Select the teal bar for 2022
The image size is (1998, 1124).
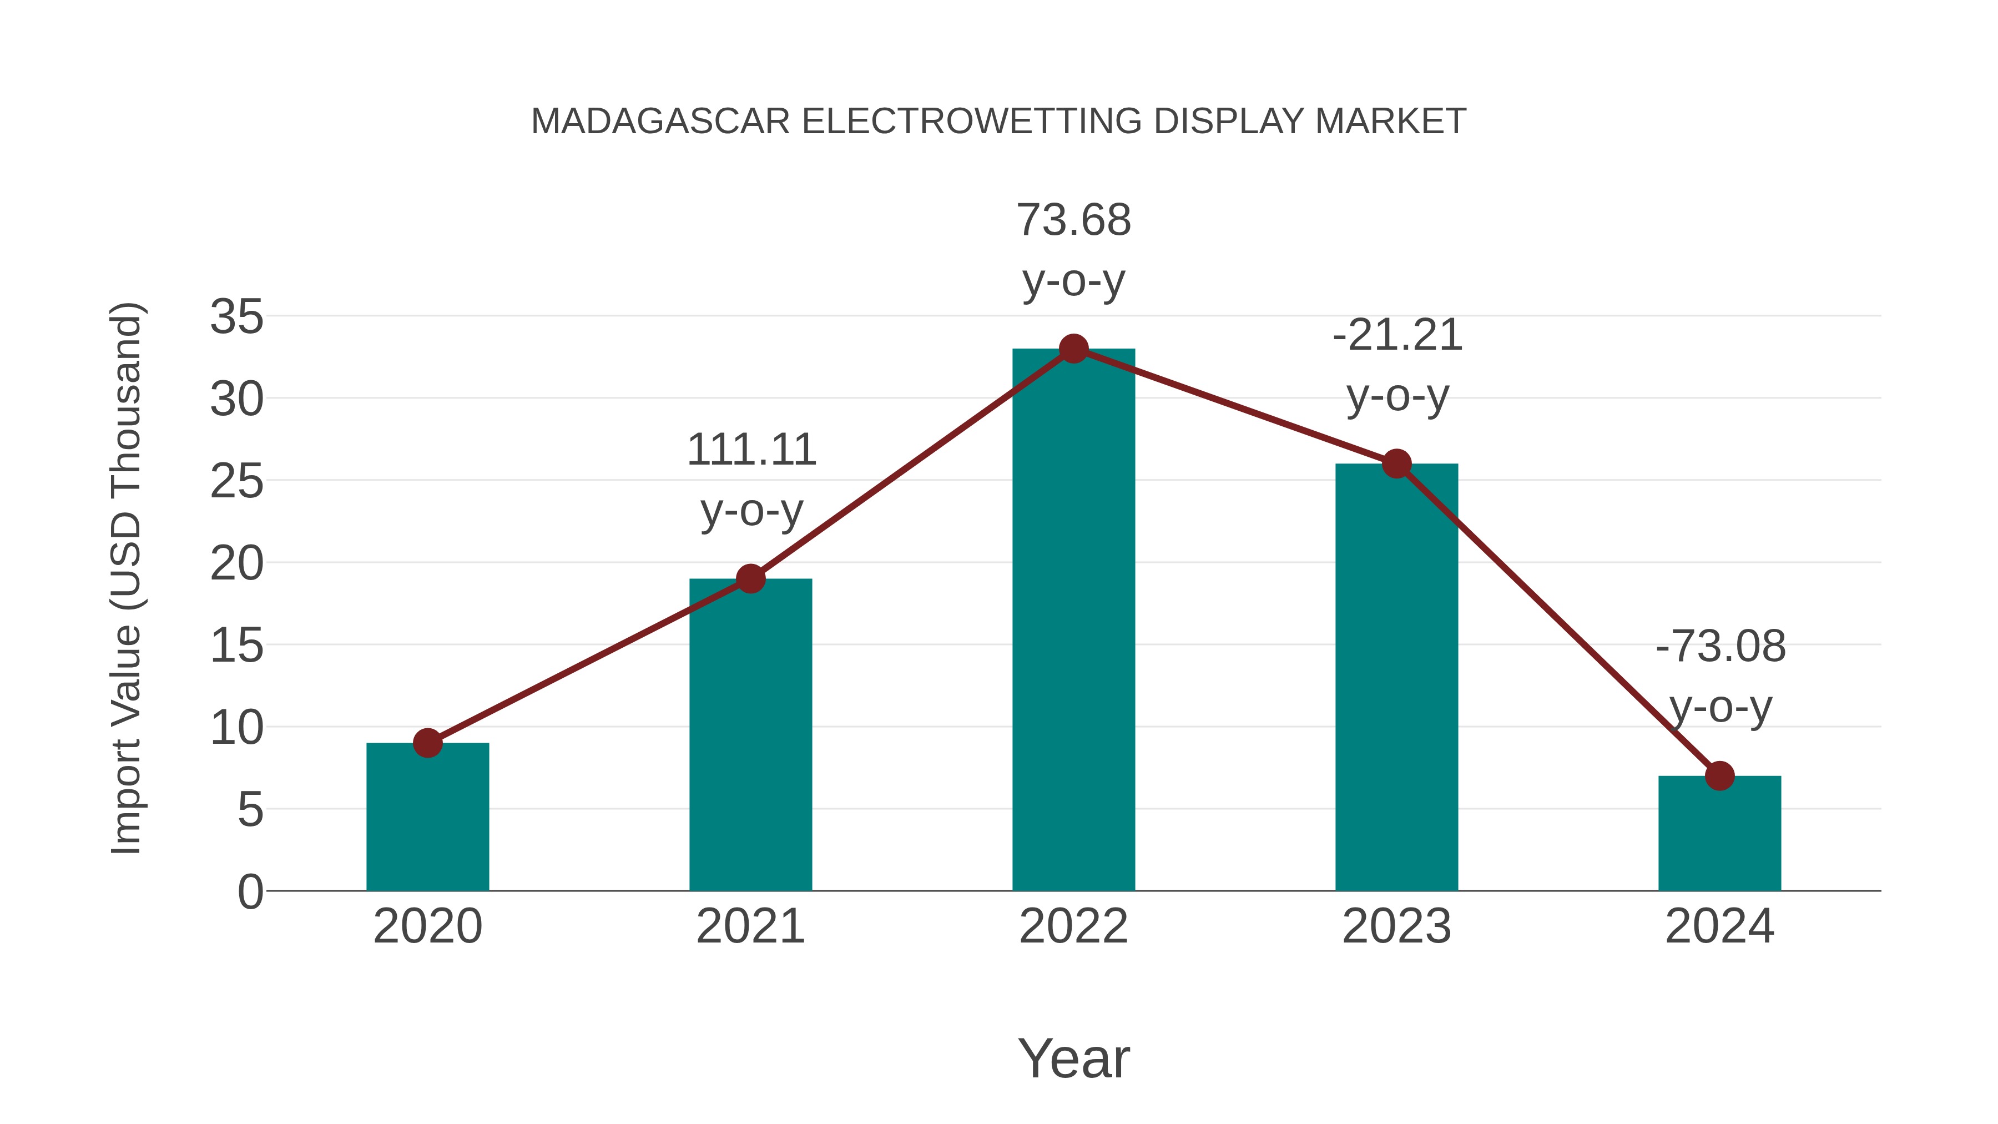coord(1073,621)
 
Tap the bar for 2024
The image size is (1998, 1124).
coord(1719,833)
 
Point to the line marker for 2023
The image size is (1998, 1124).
coord(1396,464)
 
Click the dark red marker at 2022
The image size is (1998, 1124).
coord(1073,349)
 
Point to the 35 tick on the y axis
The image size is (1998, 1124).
coord(236,317)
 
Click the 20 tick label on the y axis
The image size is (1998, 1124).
coord(236,564)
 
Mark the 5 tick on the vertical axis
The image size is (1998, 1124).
coord(250,810)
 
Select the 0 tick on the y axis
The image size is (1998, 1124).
coord(250,892)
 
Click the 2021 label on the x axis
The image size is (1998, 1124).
coord(750,927)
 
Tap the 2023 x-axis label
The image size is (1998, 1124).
coord(1396,927)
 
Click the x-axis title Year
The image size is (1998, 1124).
coord(1073,1059)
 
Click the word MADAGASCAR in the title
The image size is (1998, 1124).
coord(660,122)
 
